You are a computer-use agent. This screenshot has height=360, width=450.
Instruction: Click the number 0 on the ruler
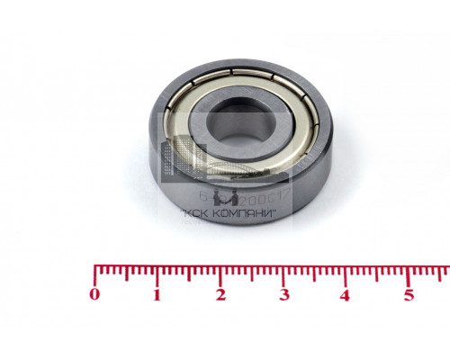pos(95,294)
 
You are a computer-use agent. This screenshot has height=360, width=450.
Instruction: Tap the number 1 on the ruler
pos(157,294)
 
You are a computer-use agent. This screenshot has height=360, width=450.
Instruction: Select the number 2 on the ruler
pos(220,294)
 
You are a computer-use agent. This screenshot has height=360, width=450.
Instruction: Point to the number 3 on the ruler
pos(283,294)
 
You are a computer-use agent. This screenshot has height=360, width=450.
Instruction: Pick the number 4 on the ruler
pos(346,294)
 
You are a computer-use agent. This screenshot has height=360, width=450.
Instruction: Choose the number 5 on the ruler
pos(409,294)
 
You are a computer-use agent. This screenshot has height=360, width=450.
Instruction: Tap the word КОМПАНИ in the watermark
pos(247,214)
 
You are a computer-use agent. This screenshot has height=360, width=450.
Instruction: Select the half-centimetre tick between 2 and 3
pos(253,272)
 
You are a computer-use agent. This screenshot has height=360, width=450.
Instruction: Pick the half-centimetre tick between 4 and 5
pos(378,272)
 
